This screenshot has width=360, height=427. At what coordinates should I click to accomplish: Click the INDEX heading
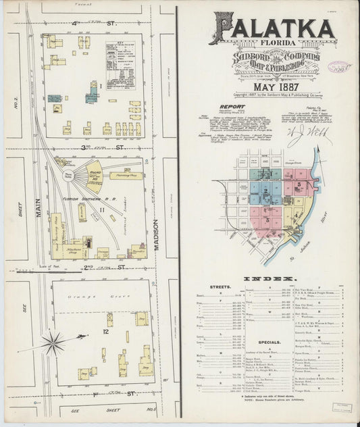click(269, 279)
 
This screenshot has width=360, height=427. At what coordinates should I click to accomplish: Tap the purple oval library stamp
click(340, 68)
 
